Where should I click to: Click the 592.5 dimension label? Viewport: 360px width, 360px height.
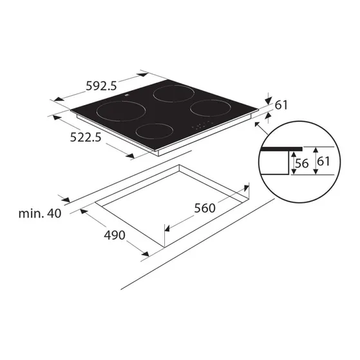(101, 86)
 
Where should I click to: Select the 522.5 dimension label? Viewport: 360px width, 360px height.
(86, 138)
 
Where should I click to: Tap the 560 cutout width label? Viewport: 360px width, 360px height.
(205, 208)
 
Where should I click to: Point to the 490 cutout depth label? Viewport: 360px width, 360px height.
(115, 235)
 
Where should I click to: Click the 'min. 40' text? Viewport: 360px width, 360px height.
(40, 214)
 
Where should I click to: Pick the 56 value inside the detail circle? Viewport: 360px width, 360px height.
(301, 164)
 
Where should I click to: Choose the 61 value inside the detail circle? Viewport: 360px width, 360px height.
(323, 162)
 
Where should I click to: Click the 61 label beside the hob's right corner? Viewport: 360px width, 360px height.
(281, 105)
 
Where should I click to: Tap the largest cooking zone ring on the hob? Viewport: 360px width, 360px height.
(121, 101)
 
